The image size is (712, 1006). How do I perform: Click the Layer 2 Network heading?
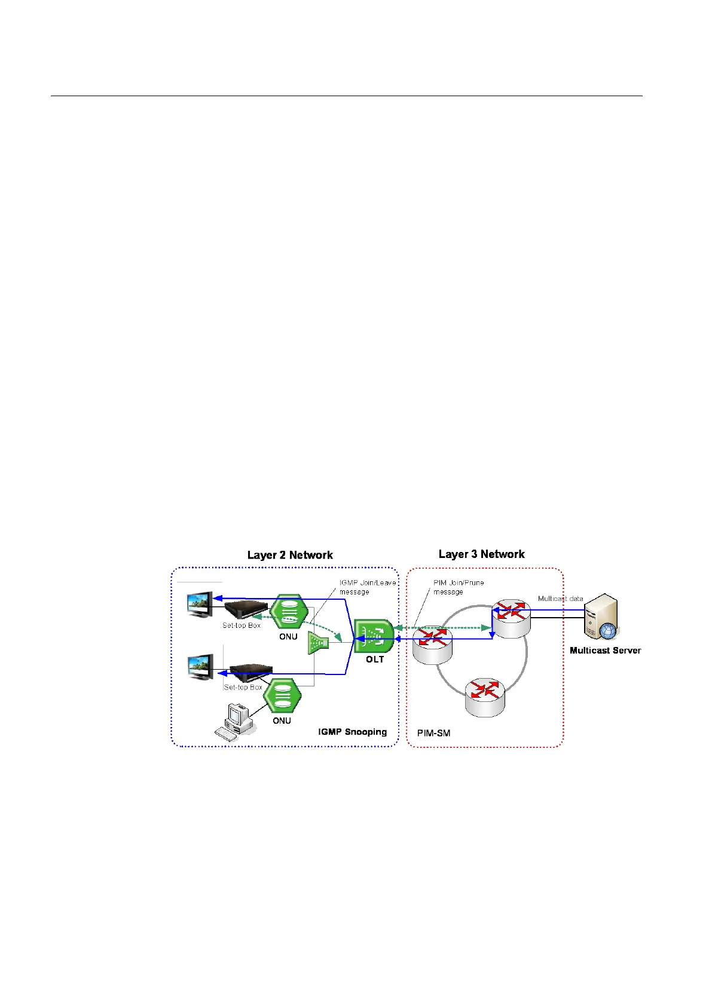290,555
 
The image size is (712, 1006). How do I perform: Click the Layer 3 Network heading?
481,554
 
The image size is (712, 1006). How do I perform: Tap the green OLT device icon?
374,636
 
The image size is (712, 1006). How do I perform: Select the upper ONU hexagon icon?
289,612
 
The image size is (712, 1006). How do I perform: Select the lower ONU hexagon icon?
282,695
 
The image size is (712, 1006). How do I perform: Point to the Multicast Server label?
605,651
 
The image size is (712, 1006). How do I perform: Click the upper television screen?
200,605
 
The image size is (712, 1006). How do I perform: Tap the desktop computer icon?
235,721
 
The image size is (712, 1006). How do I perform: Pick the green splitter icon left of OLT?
319,643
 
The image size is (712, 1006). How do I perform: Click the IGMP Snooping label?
352,732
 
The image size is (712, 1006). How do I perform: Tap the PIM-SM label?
433,733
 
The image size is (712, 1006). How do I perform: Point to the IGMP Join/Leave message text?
367,587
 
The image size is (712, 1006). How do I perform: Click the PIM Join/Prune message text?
459,587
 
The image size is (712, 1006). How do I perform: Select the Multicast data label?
560,599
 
